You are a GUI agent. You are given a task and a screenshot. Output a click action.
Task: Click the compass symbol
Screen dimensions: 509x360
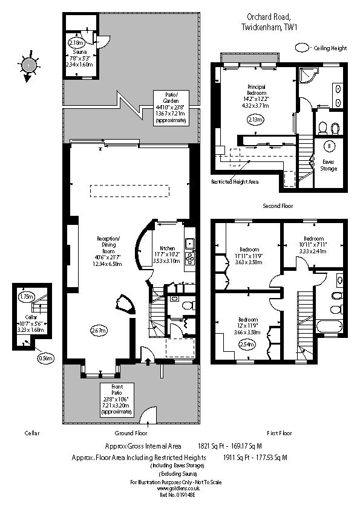click(x=28, y=65)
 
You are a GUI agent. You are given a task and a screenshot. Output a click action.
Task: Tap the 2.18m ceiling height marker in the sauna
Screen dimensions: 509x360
click(x=76, y=44)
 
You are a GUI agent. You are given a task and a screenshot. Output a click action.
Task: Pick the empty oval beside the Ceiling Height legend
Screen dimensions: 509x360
click(x=301, y=47)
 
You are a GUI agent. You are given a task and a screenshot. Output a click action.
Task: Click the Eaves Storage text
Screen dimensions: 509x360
click(x=329, y=165)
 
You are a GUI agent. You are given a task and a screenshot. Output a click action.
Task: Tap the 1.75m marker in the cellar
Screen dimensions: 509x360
click(x=26, y=297)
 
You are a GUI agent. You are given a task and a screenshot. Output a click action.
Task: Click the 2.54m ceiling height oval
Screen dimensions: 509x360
click(x=247, y=345)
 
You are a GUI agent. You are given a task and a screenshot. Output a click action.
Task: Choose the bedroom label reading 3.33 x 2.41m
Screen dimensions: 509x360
click(x=313, y=245)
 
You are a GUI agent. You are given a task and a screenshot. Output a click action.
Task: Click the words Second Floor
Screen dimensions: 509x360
click(x=278, y=206)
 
